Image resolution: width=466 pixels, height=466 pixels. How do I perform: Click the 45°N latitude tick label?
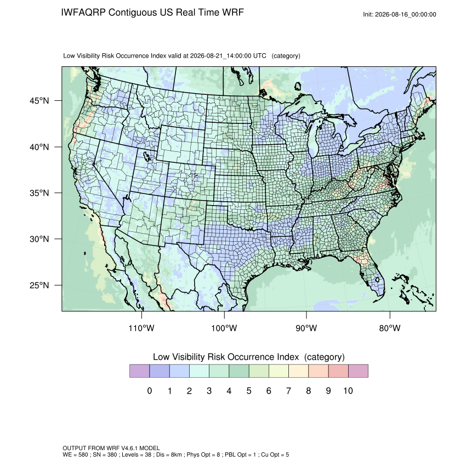tap(39, 101)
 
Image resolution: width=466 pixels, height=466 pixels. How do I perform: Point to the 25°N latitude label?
tap(39, 285)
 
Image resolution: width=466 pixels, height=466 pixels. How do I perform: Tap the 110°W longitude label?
tap(141, 328)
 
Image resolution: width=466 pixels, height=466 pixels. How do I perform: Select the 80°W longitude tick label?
tap(390, 328)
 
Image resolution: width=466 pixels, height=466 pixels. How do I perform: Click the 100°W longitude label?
tap(224, 328)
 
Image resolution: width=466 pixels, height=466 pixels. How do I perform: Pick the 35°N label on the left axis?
tap(39, 193)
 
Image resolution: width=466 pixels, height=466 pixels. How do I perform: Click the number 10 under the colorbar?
tap(348, 390)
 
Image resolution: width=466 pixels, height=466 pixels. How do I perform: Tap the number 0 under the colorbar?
tap(150, 390)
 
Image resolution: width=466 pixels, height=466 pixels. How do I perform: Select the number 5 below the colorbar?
tap(249, 390)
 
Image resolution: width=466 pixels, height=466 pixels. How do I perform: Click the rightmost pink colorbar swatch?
tap(358, 371)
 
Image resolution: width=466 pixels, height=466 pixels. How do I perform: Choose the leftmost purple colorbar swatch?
tap(139, 371)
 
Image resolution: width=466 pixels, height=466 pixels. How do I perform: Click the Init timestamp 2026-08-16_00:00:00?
tap(406, 15)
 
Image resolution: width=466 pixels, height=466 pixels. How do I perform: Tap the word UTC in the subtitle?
tap(260, 56)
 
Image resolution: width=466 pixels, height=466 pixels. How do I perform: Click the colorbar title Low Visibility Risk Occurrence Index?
tap(226, 357)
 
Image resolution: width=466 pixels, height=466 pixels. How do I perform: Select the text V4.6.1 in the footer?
tap(129, 448)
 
